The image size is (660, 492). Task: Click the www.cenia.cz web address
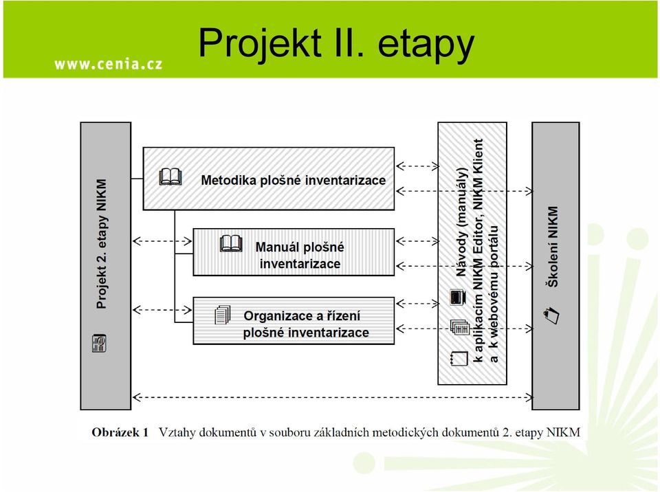pyautogui.click(x=109, y=64)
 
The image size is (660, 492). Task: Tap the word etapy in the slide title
pyautogui.click(x=426, y=45)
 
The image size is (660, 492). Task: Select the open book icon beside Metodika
pyautogui.click(x=170, y=177)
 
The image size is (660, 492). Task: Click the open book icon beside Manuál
pyautogui.click(x=231, y=243)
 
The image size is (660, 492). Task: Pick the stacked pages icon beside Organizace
pyautogui.click(x=223, y=315)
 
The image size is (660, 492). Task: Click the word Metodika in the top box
pyautogui.click(x=228, y=180)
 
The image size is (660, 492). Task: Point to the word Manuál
pyautogui.click(x=277, y=247)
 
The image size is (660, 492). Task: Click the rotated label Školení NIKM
pyautogui.click(x=553, y=247)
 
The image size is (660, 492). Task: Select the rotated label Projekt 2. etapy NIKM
pyautogui.click(x=102, y=244)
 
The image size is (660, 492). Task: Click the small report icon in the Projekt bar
pyautogui.click(x=99, y=344)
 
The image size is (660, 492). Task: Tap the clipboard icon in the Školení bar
pyautogui.click(x=552, y=315)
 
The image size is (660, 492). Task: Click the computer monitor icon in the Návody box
pyautogui.click(x=458, y=297)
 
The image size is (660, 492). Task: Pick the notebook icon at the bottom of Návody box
pyautogui.click(x=459, y=358)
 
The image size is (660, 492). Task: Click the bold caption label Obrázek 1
pyautogui.click(x=120, y=432)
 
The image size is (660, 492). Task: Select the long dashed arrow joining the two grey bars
pyautogui.click(x=333, y=397)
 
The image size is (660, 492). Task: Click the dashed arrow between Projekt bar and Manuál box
pyautogui.click(x=162, y=241)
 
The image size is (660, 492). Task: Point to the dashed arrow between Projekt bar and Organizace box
pyautogui.click(x=162, y=310)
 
